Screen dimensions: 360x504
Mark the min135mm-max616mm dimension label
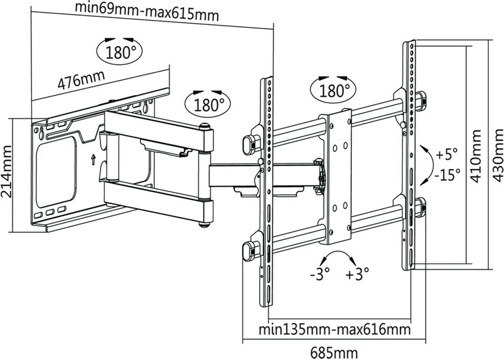click(x=333, y=330)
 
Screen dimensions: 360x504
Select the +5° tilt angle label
click(x=446, y=152)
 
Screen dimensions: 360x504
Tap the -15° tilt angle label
click(x=446, y=175)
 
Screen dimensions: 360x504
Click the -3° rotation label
click(x=319, y=274)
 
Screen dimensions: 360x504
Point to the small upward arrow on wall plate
click(x=92, y=159)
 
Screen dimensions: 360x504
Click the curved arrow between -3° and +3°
click(x=339, y=255)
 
